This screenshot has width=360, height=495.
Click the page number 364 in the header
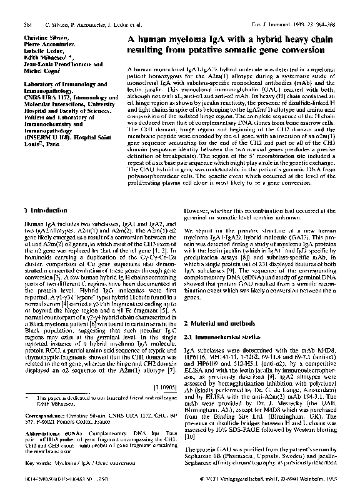(27, 25)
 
